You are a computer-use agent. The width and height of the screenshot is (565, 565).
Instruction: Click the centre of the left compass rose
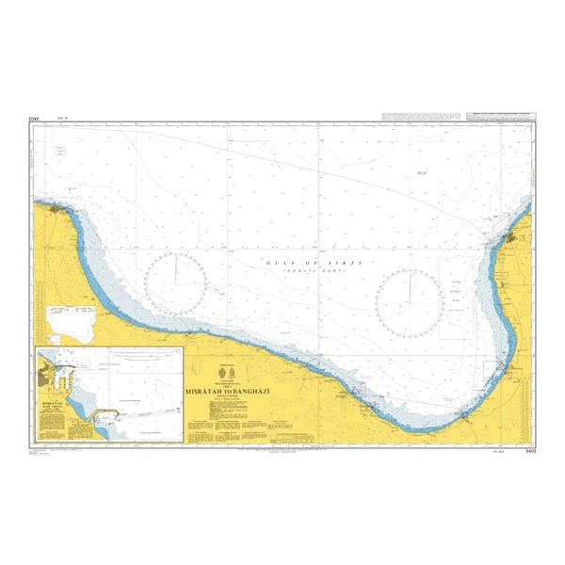[x=176, y=284]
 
